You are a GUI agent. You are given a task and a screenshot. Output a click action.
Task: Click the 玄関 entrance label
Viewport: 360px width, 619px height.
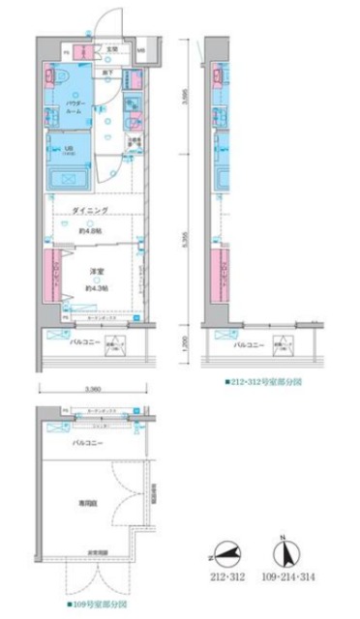pyautogui.click(x=111, y=49)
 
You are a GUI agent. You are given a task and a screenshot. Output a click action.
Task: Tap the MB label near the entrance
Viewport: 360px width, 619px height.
pyautogui.click(x=141, y=50)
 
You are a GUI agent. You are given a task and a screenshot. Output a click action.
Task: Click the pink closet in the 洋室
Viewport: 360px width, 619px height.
pyautogui.click(x=54, y=277)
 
